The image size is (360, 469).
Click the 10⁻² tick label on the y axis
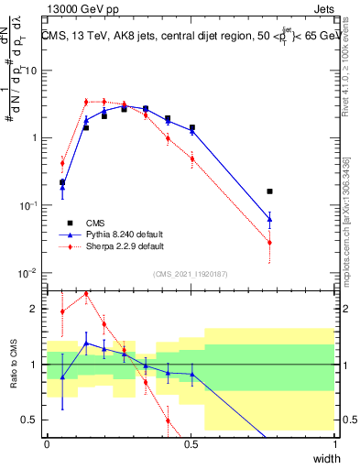click(x=27, y=273)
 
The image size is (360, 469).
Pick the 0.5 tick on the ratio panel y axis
click(x=31, y=420)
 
